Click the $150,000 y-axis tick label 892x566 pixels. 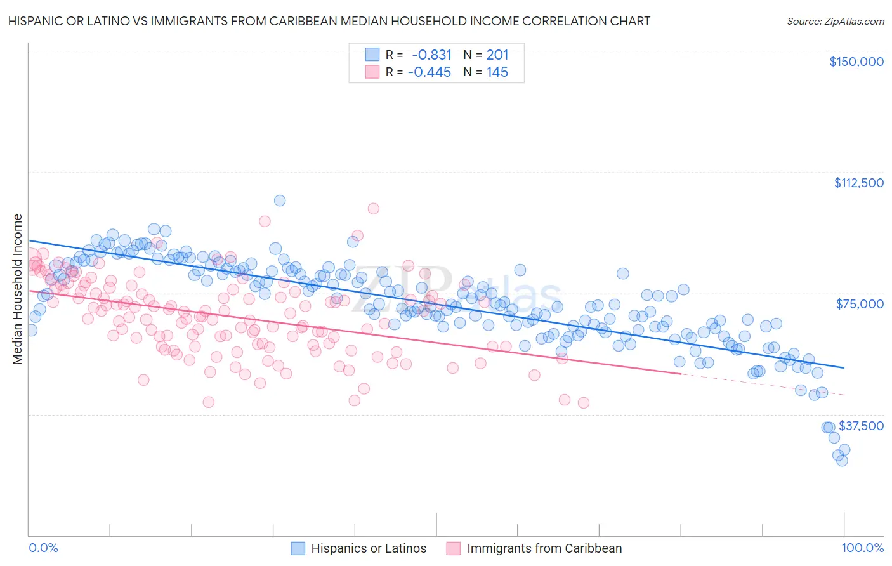(856, 62)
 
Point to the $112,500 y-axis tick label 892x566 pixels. (858, 183)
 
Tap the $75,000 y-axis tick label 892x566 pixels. (860, 304)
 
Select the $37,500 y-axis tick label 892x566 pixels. (861, 426)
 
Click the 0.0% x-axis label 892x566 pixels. (43, 548)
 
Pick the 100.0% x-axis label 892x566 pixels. (862, 548)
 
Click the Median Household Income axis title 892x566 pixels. (17, 289)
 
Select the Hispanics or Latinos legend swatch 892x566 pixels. (298, 548)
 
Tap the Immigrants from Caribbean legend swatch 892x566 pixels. (453, 548)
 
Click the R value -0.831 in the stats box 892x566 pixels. (431, 55)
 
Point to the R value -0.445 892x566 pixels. (429, 72)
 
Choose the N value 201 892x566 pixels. (497, 55)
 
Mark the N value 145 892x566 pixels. (497, 72)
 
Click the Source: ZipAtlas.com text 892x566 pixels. (835, 22)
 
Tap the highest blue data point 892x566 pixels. (279, 201)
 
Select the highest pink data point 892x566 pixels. (373, 209)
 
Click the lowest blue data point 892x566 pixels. (842, 461)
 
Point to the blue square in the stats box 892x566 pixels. (372, 55)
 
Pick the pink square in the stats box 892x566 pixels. (372, 72)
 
